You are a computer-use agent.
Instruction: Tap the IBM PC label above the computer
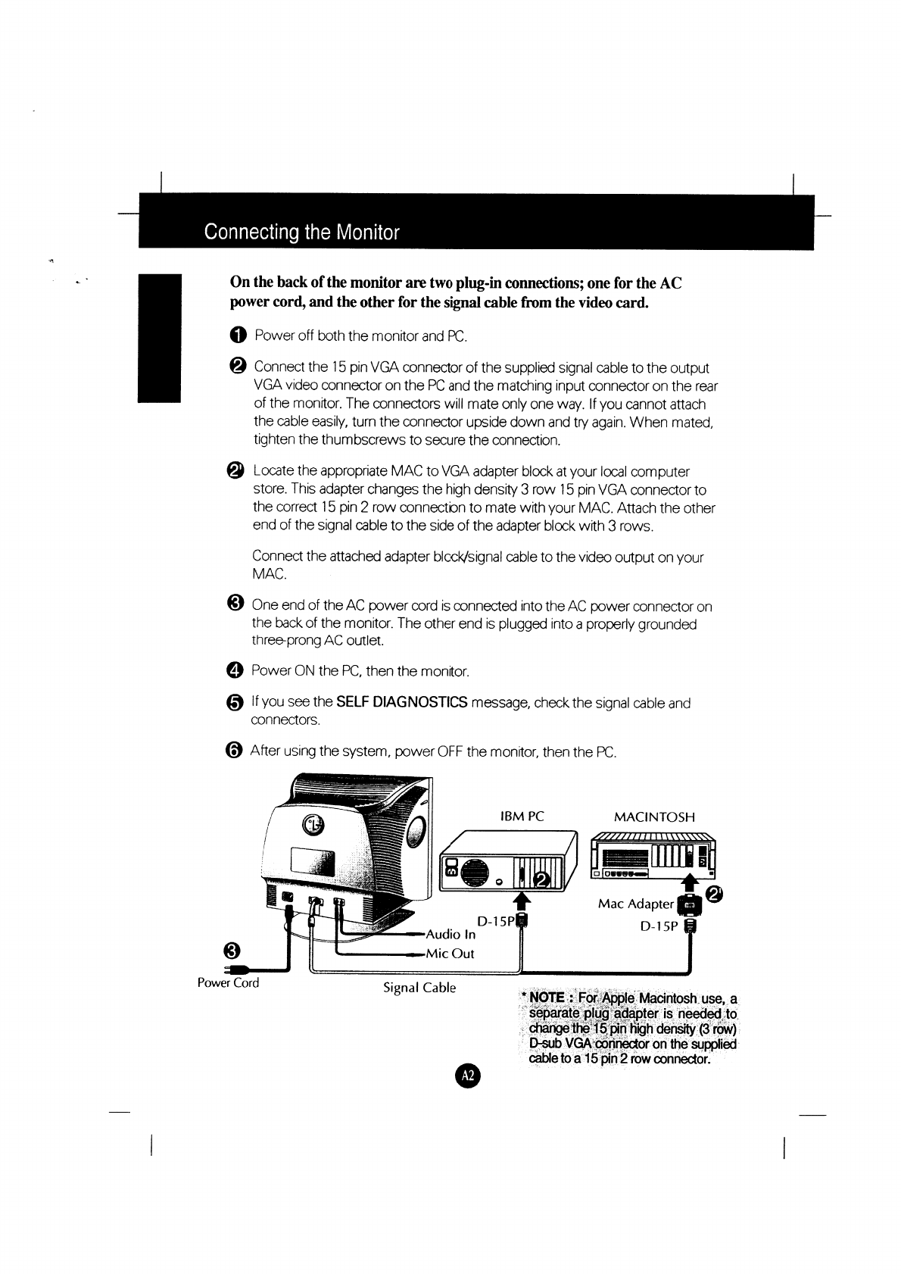[x=522, y=817]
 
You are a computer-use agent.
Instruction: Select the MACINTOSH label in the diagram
[x=654, y=817]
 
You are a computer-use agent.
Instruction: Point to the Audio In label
[x=451, y=934]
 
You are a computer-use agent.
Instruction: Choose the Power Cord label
[x=228, y=983]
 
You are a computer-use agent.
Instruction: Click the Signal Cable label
[x=419, y=988]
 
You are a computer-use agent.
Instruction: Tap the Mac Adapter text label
[x=635, y=904]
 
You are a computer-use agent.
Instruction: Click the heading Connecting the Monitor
[x=301, y=232]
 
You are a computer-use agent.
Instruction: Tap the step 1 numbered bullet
[x=237, y=336]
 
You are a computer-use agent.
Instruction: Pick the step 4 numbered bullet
[x=235, y=671]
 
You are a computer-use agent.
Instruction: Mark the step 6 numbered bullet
[x=235, y=751]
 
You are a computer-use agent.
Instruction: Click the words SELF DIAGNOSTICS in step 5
[x=401, y=702]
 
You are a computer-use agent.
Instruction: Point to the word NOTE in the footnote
[x=548, y=998]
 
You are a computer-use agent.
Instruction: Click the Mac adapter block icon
[x=689, y=904]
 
